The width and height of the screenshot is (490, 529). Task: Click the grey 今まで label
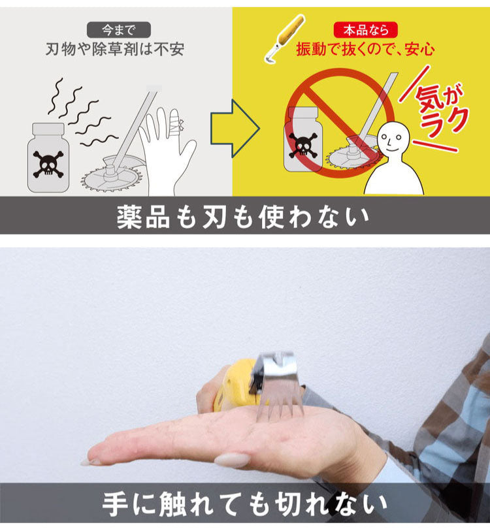(x=118, y=29)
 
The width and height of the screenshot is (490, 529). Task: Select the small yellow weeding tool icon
(x=283, y=39)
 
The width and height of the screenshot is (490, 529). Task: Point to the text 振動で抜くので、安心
(x=366, y=49)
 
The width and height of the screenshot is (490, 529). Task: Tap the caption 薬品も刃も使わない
(x=243, y=218)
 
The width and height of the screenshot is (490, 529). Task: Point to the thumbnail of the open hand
(x=232, y=460)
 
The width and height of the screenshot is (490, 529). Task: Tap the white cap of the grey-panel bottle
(x=48, y=129)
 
